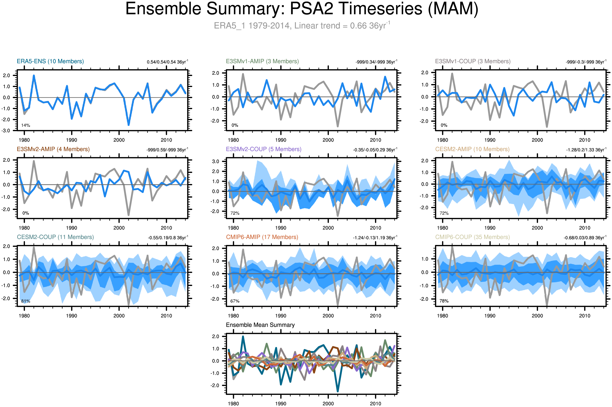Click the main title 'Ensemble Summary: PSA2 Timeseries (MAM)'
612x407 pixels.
302,9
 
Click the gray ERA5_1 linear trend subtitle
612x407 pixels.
302,26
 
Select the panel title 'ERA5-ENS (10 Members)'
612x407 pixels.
50,61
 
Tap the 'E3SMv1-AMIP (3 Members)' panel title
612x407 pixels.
262,61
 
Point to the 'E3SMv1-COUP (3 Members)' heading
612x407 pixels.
473,61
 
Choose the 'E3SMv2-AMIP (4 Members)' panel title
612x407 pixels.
53,149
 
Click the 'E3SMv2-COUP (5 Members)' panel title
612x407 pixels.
263,149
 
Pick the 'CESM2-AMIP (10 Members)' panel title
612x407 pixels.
472,149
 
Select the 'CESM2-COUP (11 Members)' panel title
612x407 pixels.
55,237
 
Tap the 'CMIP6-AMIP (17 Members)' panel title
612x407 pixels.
262,237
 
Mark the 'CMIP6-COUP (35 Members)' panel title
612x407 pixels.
472,237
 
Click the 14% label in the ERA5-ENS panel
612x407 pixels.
26,125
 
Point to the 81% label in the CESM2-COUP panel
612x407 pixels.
26,301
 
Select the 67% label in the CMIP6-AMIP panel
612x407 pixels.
235,301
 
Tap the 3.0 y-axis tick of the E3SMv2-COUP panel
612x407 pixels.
216,161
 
